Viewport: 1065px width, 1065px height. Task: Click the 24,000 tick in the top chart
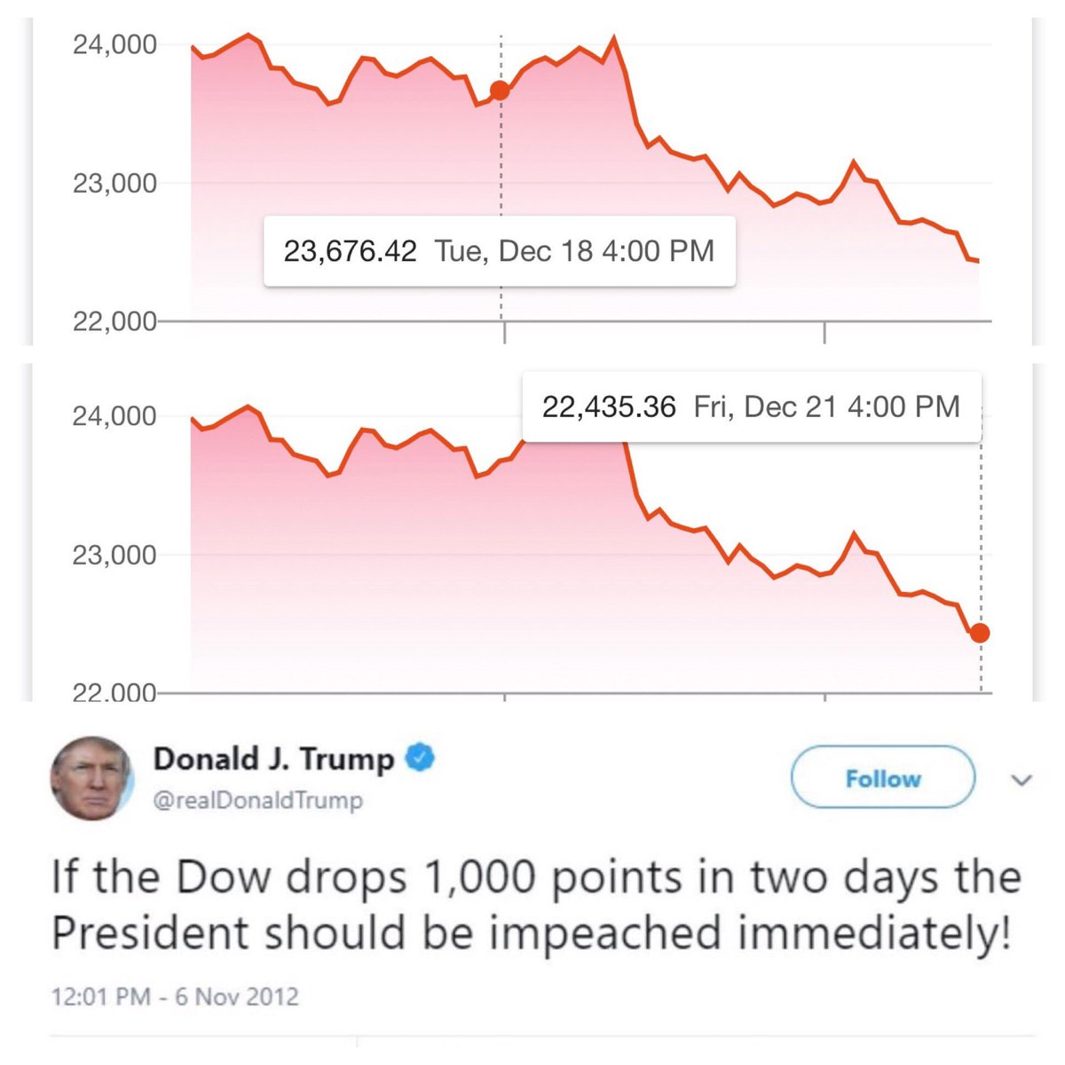(114, 43)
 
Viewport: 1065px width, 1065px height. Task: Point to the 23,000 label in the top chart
(114, 184)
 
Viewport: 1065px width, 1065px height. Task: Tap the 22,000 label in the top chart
(114, 321)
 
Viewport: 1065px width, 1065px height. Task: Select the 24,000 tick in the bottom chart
(114, 415)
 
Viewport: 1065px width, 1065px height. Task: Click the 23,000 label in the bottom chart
(114, 555)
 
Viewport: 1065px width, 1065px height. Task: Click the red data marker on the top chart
(500, 91)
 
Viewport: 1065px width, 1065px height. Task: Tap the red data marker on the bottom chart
(980, 633)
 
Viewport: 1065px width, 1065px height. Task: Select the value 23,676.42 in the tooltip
(350, 251)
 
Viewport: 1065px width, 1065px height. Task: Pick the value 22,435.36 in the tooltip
(609, 407)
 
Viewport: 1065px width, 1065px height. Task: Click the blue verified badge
(420, 759)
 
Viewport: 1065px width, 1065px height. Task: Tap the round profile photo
(91, 778)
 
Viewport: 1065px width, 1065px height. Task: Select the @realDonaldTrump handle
(258, 801)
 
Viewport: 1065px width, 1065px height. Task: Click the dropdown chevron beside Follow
(1022, 780)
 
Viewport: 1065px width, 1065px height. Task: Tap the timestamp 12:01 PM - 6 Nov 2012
(175, 996)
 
